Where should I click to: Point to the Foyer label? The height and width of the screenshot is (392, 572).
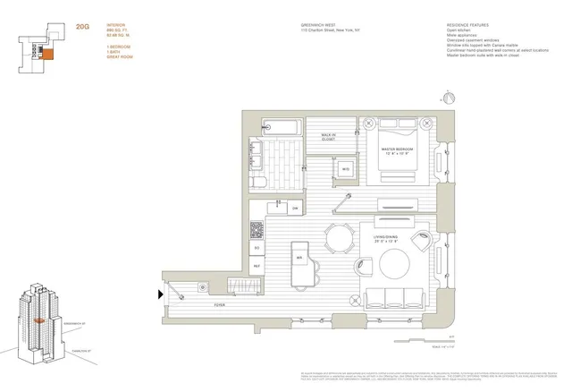click(220, 303)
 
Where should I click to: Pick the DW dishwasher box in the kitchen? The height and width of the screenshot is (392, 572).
click(295, 208)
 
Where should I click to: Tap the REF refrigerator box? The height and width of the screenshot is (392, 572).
click(257, 266)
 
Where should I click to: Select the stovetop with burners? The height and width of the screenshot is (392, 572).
click(257, 229)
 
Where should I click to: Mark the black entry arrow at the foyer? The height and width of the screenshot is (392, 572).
click(161, 293)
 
